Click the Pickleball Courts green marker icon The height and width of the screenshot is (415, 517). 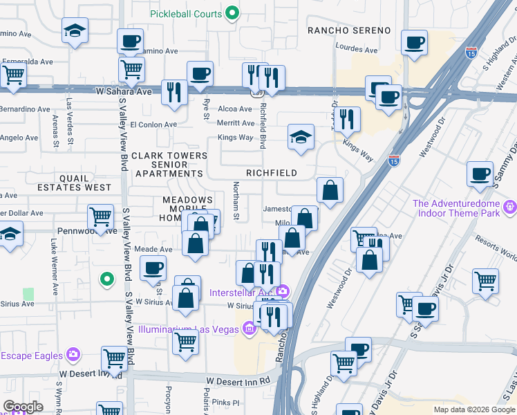(x=233, y=13)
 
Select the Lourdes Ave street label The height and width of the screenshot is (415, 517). (x=356, y=50)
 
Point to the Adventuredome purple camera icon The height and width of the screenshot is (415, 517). (x=510, y=205)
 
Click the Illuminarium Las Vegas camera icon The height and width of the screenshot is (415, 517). (x=249, y=329)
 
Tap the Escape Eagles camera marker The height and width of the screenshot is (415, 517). (x=73, y=355)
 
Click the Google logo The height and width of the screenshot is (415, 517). (x=23, y=407)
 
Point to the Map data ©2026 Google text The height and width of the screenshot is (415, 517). (x=473, y=409)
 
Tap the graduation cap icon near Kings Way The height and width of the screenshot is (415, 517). (x=301, y=137)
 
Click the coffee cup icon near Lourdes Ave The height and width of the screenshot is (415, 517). (x=414, y=42)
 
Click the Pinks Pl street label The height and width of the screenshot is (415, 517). (x=225, y=403)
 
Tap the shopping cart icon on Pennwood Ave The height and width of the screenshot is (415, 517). (x=101, y=216)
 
